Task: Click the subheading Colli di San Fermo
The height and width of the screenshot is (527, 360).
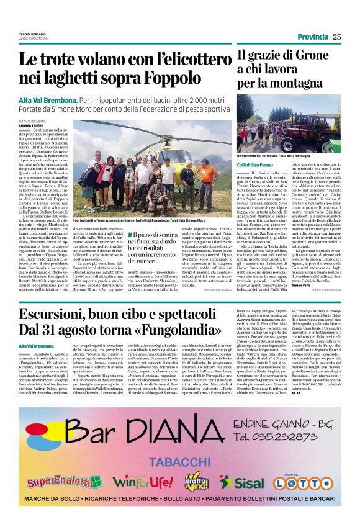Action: point(254,164)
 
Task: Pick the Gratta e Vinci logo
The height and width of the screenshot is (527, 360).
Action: point(196,480)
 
